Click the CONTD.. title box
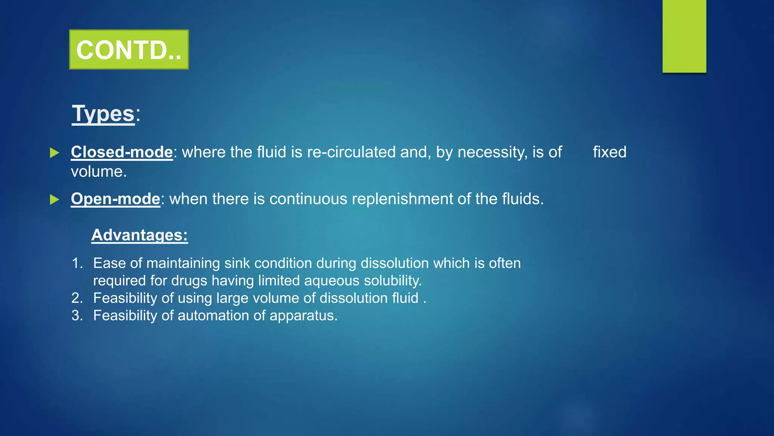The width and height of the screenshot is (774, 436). (129, 50)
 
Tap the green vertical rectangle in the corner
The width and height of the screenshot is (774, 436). (684, 36)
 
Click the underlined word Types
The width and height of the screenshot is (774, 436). (103, 114)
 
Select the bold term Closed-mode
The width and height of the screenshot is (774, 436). (122, 152)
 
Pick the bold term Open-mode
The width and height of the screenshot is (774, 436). (115, 199)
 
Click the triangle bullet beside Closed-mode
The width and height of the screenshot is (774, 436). (55, 153)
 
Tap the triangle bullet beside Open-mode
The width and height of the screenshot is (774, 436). (55, 199)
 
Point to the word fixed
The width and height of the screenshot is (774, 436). (609, 152)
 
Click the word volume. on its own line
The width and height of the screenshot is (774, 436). (99, 172)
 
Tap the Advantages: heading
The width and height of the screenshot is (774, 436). (139, 235)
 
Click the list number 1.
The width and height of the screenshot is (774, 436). (77, 263)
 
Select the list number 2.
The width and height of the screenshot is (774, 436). (77, 298)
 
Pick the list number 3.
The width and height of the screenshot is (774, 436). (77, 316)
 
